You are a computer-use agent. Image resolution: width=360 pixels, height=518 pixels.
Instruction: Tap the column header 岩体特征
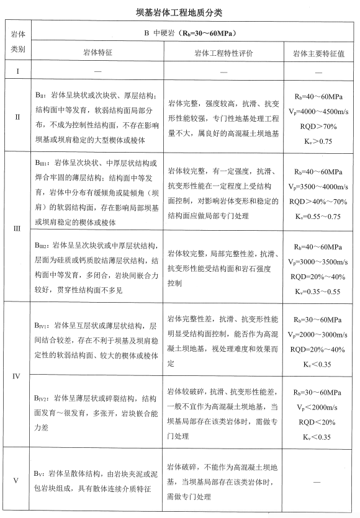[97, 54]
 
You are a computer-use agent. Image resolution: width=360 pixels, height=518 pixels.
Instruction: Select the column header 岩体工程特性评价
[224, 54]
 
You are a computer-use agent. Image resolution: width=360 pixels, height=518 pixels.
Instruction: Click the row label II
[18, 116]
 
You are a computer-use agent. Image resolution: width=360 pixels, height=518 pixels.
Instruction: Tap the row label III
[18, 228]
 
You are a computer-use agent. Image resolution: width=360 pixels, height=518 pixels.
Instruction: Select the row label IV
[18, 375]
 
